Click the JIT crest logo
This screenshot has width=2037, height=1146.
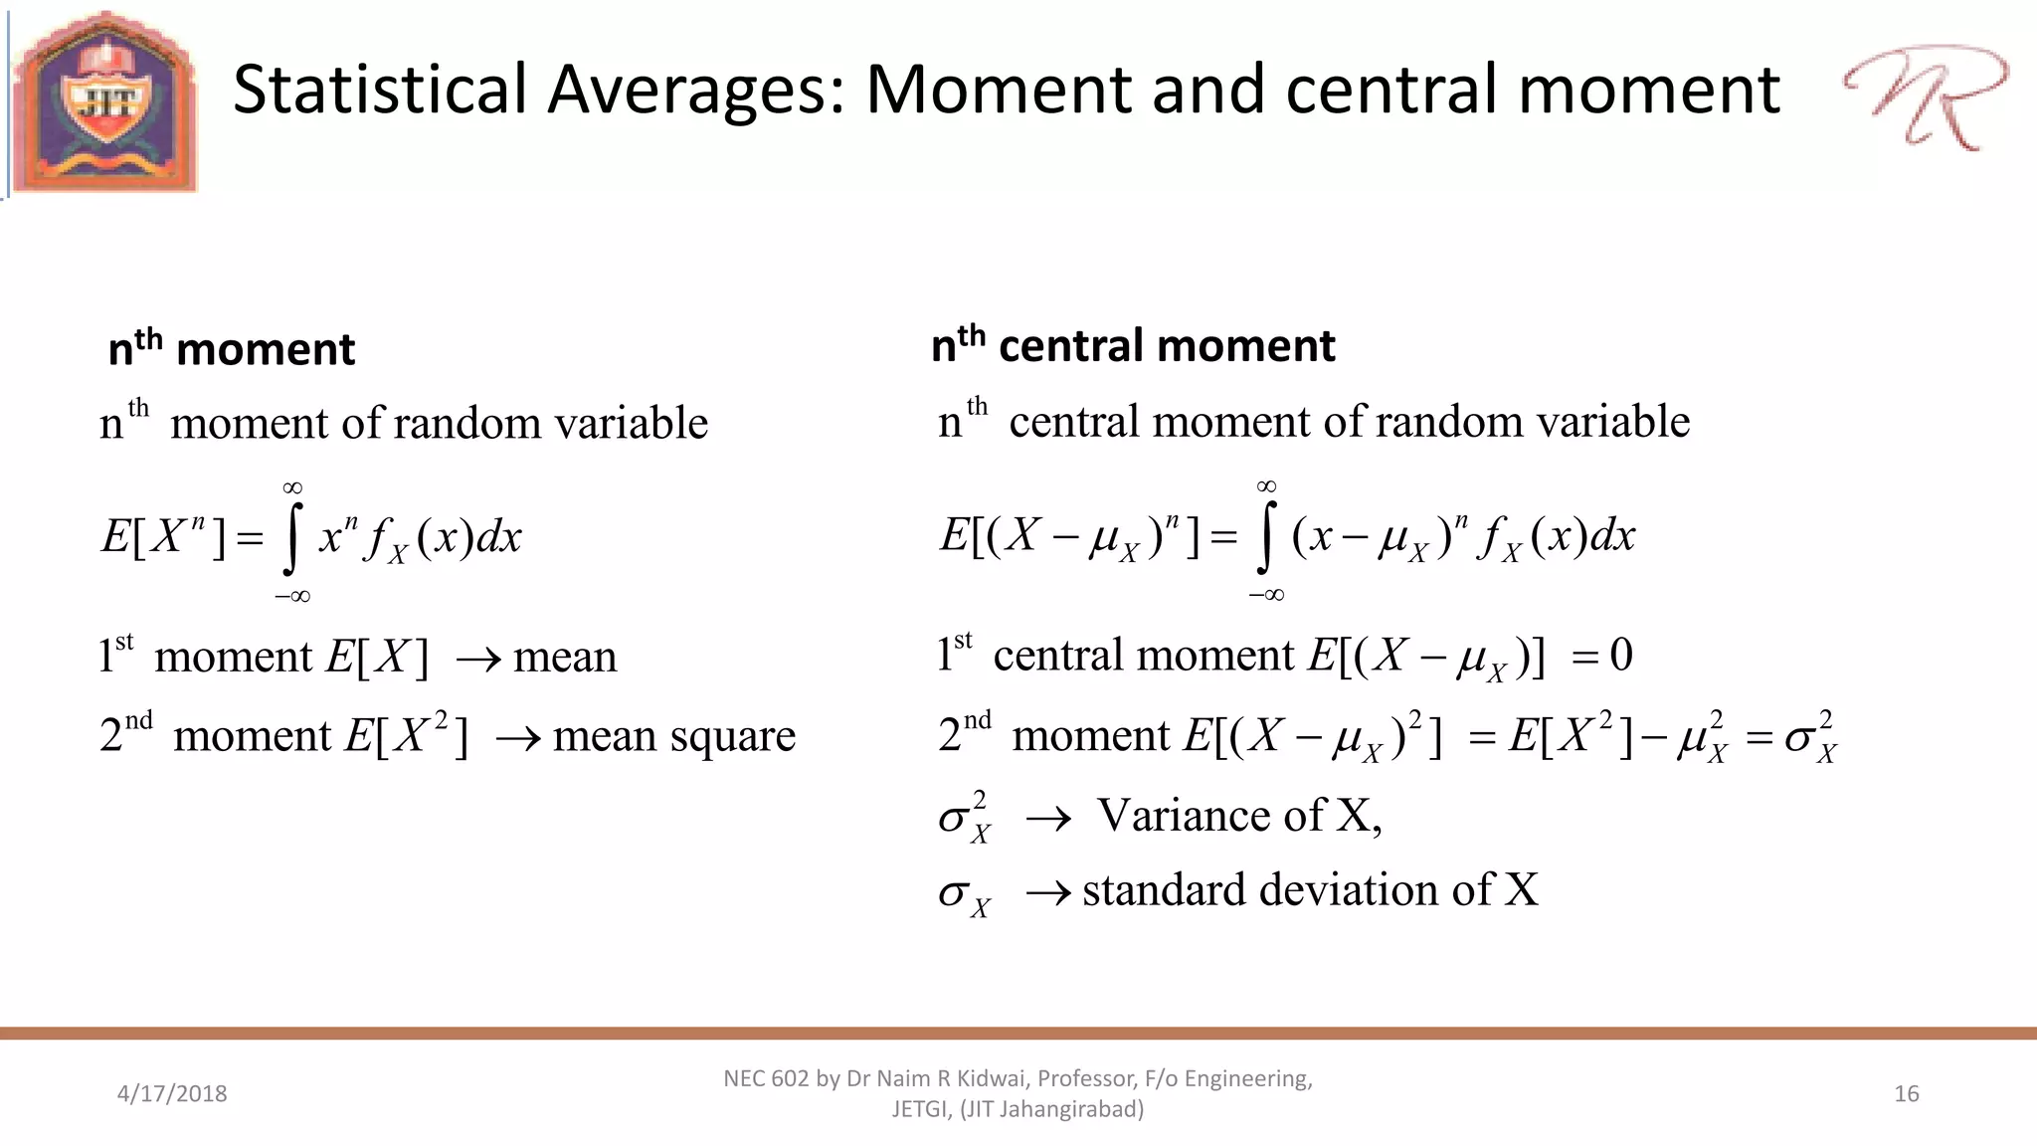(x=105, y=101)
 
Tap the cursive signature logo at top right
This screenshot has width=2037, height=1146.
(x=1925, y=97)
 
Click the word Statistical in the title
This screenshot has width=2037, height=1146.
(x=379, y=90)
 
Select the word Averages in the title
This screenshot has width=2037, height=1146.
(x=695, y=90)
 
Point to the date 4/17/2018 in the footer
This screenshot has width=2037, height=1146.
(x=172, y=1093)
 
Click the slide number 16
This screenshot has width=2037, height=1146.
(x=1906, y=1093)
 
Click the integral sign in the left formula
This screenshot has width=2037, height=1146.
(x=290, y=539)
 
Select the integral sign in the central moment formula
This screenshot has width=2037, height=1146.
(x=1264, y=538)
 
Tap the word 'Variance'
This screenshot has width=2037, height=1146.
(x=1185, y=816)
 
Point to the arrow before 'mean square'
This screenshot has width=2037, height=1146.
(x=518, y=739)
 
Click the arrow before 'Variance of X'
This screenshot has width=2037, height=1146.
(x=1048, y=819)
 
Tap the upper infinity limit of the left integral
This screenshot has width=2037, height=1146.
(x=291, y=487)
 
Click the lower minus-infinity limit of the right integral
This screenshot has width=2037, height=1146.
(x=1266, y=595)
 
